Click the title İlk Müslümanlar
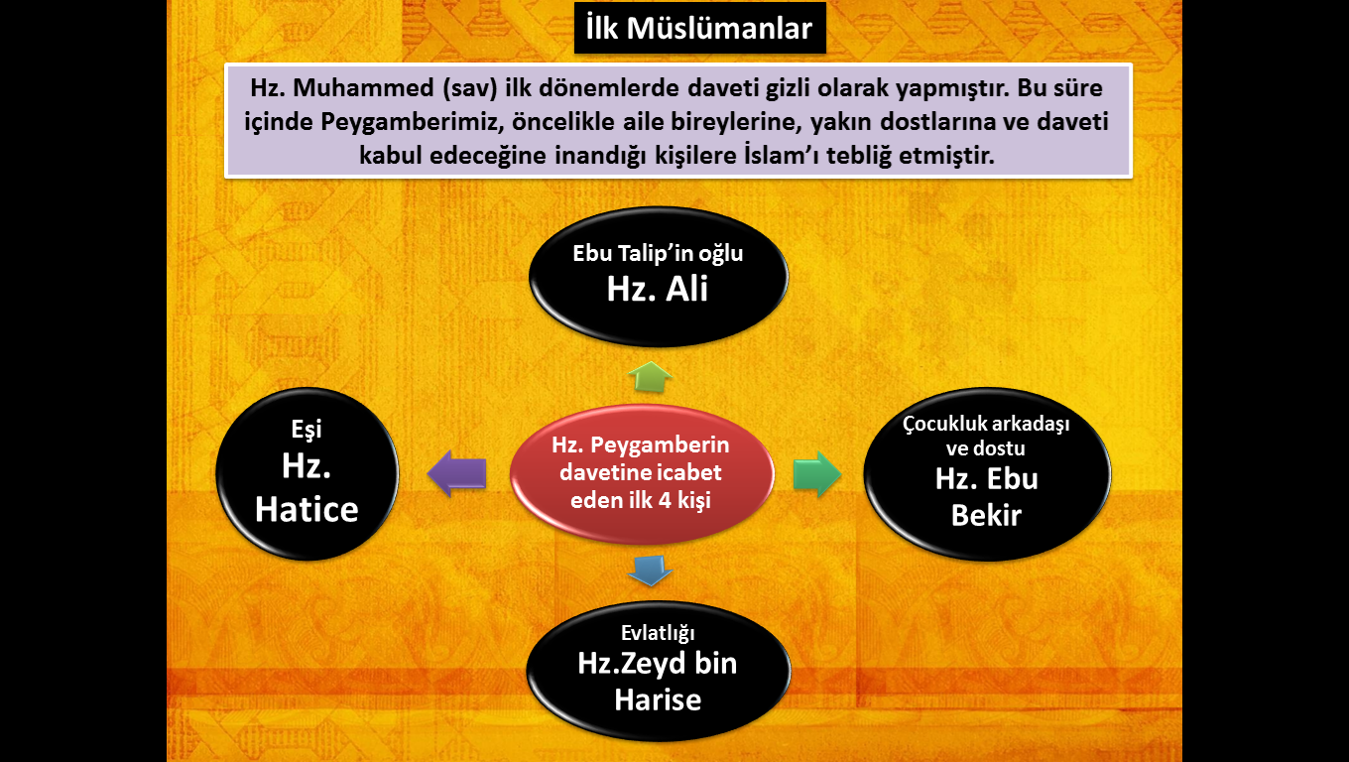[x=699, y=29]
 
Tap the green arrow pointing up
[x=650, y=377]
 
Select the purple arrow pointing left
[x=456, y=473]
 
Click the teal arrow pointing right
[x=817, y=474]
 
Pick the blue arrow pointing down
[x=650, y=571]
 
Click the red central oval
[x=642, y=474]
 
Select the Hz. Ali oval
[x=659, y=277]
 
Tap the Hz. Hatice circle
[x=307, y=474]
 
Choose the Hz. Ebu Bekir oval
[x=987, y=474]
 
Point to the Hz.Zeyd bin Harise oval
[x=659, y=671]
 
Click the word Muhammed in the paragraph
[x=363, y=88]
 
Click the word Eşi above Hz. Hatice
[x=307, y=430]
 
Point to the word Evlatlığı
[x=658, y=633]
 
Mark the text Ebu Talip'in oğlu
[x=658, y=254]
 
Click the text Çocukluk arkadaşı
[x=986, y=424]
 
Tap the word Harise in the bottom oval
[x=658, y=699]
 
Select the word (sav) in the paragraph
[x=470, y=88]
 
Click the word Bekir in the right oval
[x=986, y=516]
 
